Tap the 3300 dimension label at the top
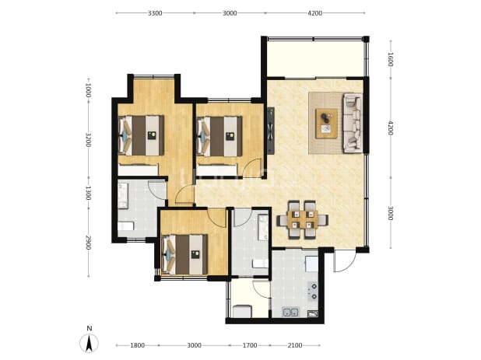tap(155, 13)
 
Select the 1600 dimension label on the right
tap(390, 59)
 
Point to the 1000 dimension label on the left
tap(88, 90)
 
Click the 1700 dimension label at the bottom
tap(250, 345)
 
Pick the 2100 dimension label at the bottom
tap(295, 345)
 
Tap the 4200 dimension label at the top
tap(314, 13)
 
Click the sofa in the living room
tap(352, 123)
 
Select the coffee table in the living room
tap(326, 123)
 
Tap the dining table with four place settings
tap(303, 220)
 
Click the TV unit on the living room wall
tap(270, 131)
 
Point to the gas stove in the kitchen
tap(313, 291)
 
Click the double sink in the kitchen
tap(290, 313)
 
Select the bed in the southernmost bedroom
tap(184, 254)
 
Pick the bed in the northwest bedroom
tap(141, 135)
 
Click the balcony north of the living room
tap(315, 58)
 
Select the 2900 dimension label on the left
tap(88, 243)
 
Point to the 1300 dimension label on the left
tap(88, 193)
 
